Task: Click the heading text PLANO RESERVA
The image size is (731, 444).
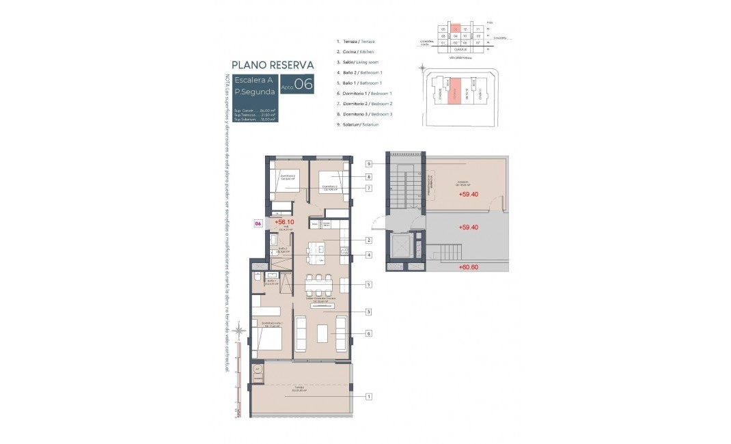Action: point(272,65)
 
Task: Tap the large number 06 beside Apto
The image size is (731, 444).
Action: point(304,85)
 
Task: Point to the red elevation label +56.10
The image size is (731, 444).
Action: point(284,222)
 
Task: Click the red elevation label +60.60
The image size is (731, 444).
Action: point(468,268)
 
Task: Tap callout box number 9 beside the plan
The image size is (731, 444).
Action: point(368,164)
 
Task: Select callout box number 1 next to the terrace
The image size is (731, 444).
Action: point(369,396)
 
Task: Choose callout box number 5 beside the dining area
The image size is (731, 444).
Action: point(368,284)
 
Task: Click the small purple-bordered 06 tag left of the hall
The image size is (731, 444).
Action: point(258,223)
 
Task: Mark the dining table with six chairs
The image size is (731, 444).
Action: point(319,284)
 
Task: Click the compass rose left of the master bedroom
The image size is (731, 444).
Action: point(239,331)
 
